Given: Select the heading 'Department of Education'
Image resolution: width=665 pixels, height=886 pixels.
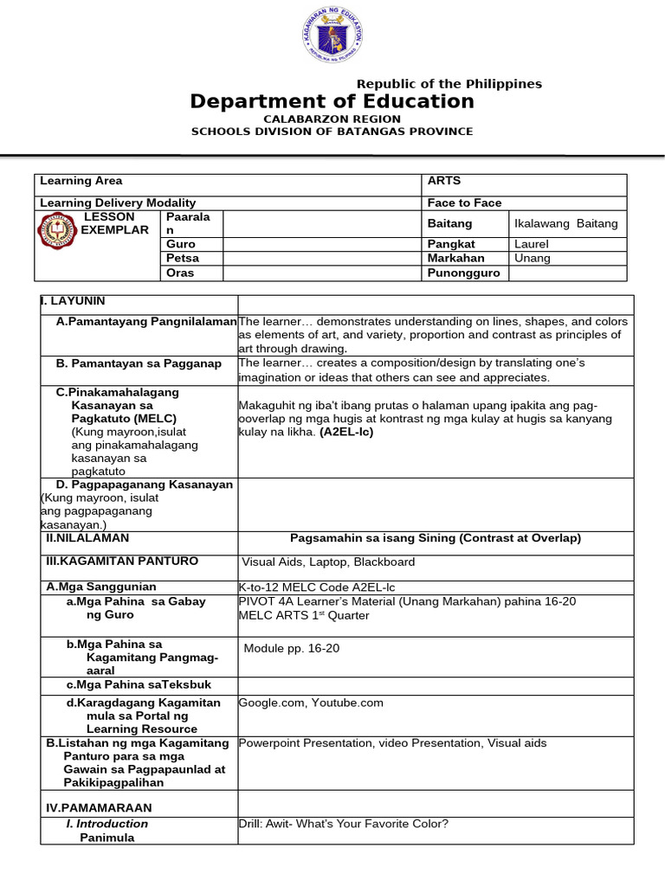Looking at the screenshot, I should tap(332, 101).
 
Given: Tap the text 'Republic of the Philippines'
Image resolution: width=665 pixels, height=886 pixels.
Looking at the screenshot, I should tap(449, 84).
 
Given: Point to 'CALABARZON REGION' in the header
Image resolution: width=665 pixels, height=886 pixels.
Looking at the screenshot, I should tap(332, 119).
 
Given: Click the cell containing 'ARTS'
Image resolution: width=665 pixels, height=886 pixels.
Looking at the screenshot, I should tap(444, 181).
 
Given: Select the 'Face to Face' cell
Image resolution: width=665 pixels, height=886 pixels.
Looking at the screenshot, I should tap(464, 202).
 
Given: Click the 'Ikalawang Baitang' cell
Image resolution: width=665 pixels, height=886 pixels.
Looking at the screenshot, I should tap(566, 223).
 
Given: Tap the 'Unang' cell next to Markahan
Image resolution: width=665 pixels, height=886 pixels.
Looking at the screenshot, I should tap(533, 258).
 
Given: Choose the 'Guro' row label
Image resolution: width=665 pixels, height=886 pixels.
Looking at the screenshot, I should tap(181, 244).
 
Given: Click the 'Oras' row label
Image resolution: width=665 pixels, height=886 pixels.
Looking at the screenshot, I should tap(180, 273).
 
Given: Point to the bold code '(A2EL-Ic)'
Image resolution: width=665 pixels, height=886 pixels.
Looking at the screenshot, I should tap(346, 432).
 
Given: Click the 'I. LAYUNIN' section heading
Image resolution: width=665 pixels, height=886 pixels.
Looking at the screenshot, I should tap(73, 301).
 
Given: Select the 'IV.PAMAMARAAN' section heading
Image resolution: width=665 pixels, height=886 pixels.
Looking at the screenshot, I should tap(99, 807).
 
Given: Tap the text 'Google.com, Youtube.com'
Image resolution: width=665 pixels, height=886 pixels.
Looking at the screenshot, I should tap(311, 703).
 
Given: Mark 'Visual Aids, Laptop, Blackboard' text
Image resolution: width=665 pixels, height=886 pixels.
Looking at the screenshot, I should tap(328, 562).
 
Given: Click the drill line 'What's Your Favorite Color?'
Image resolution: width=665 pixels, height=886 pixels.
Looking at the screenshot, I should tap(344, 824).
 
